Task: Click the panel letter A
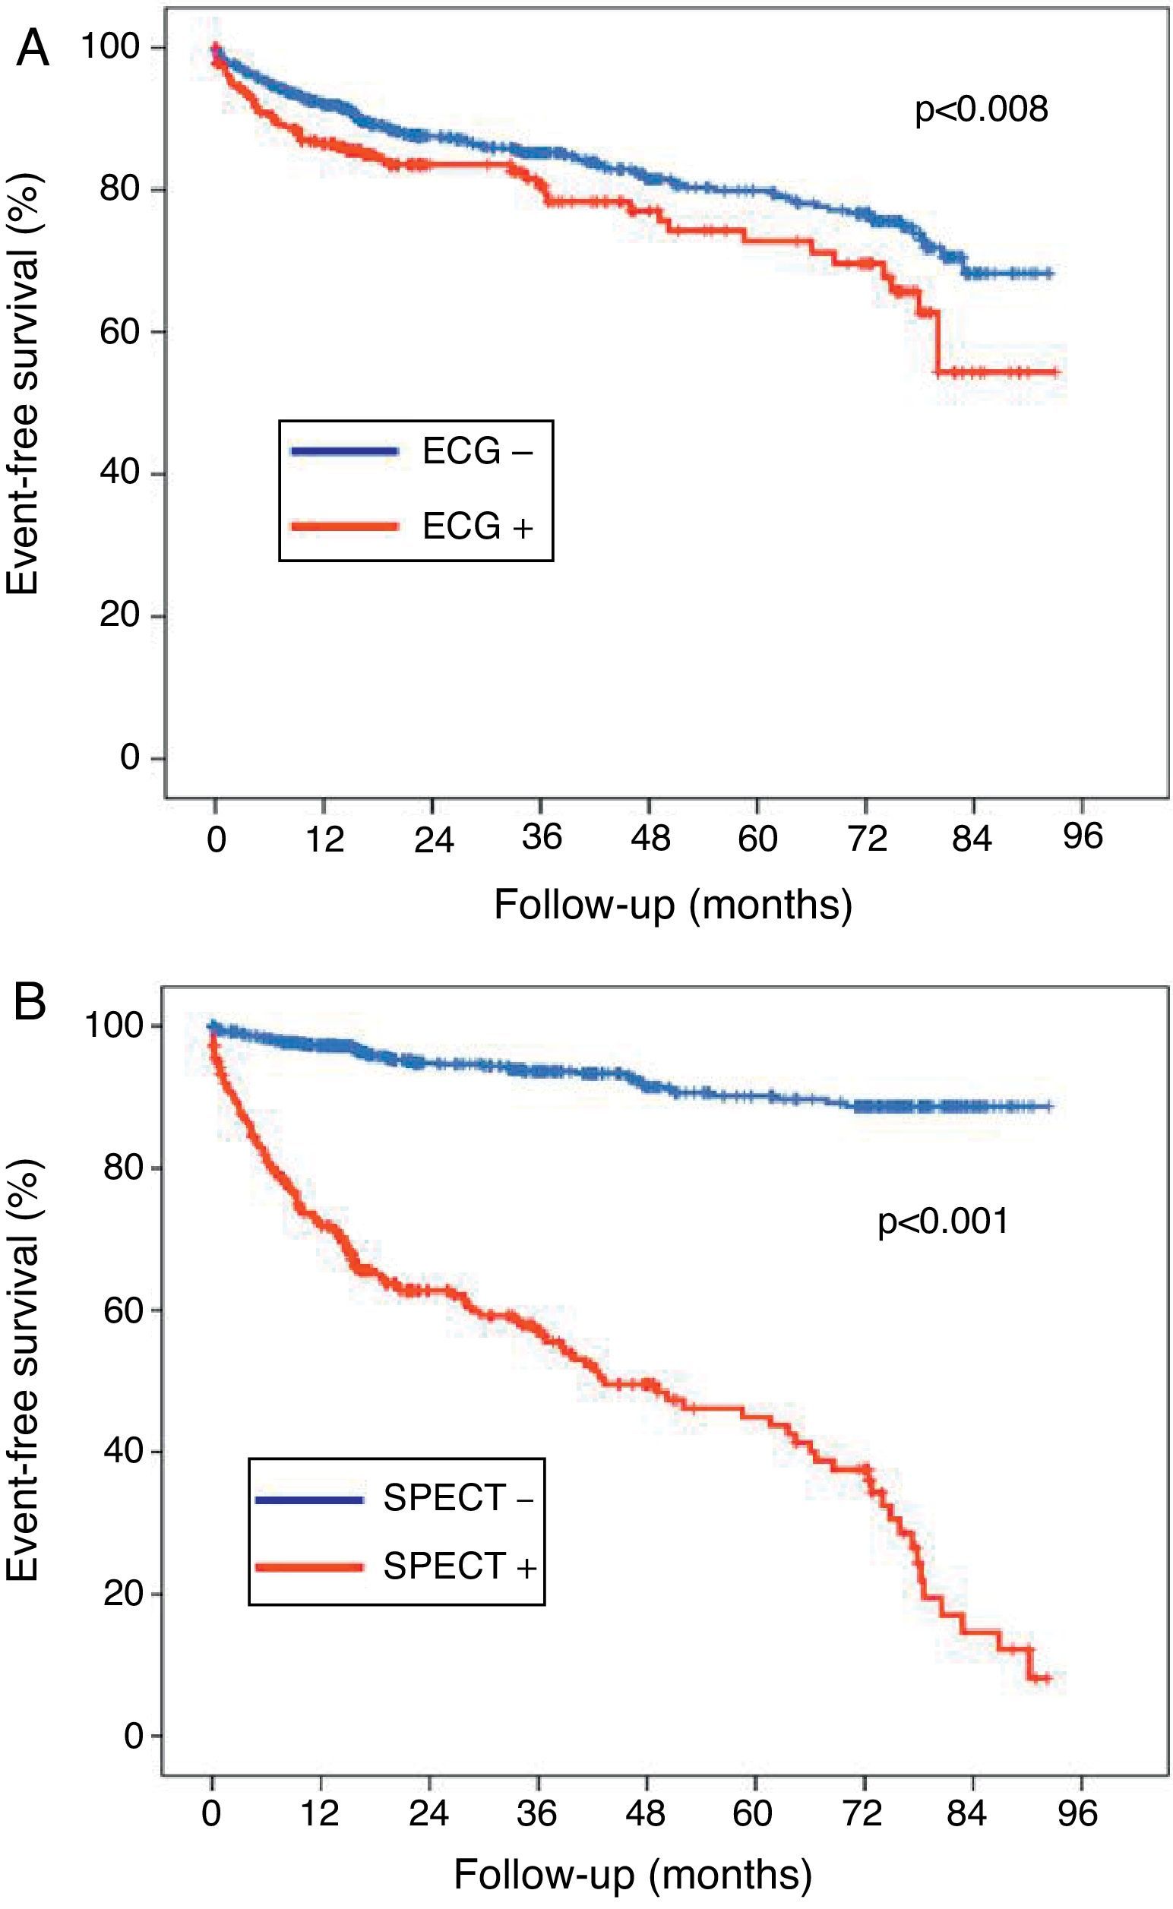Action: pos(32,50)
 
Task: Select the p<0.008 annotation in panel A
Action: pos(982,109)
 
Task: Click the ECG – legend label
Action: pos(477,451)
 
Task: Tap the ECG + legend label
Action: pos(477,526)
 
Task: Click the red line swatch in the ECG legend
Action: pos(344,526)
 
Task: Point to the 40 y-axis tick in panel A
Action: pos(119,473)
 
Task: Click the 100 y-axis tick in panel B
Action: pos(112,1026)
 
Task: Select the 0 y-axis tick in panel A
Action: pos(130,757)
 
